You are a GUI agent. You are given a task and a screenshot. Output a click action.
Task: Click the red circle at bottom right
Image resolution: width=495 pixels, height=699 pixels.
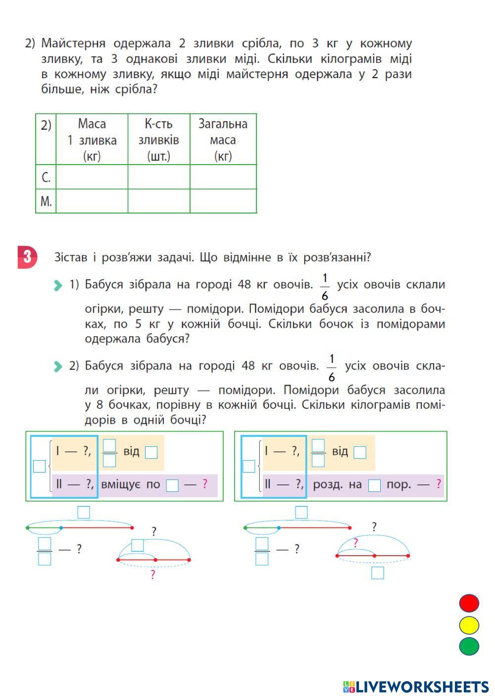coord(469,603)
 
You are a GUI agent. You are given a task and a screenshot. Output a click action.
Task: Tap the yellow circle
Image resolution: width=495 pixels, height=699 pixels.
coord(469,625)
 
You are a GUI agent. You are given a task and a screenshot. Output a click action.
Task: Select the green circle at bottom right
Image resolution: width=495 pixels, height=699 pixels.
coord(469,646)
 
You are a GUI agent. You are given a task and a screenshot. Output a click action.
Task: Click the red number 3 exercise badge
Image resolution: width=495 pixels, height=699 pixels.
coord(27,257)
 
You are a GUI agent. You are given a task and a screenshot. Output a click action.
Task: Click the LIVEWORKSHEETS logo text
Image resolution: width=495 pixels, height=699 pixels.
coord(421,687)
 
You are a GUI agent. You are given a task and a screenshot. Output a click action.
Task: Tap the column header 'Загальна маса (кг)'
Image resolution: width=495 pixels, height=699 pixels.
coord(223,139)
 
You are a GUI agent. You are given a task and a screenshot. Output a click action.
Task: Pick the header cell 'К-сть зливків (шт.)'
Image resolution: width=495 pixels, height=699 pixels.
coord(158,139)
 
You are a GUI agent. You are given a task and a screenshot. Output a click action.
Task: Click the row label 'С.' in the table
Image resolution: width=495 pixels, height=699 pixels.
coord(46,177)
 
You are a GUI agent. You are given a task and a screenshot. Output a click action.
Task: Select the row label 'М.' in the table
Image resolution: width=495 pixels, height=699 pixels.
coord(46,201)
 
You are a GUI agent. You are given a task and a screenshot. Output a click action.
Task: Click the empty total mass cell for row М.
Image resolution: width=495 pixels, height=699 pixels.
coord(223,201)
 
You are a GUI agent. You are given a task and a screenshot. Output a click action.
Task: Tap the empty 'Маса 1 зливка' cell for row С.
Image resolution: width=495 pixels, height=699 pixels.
coord(92,177)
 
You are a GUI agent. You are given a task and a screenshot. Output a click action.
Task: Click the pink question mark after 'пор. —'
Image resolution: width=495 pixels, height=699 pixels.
coord(439,484)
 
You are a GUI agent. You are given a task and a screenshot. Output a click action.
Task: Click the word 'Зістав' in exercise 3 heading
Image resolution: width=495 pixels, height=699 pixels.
coord(70,257)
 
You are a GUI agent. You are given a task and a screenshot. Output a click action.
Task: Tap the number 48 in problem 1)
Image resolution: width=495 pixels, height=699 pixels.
coord(244,284)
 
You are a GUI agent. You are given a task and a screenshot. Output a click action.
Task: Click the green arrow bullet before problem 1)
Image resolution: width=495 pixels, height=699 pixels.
coord(58,285)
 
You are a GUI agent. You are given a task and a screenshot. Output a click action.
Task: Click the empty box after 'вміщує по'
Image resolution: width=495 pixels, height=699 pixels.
coord(172,485)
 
